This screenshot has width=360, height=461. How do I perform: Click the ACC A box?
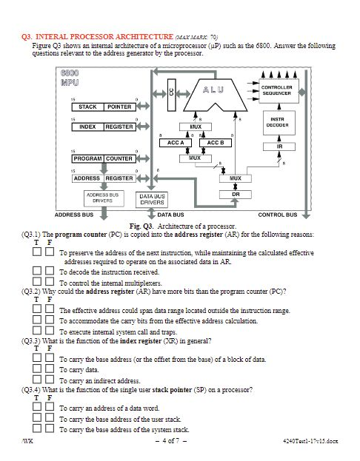coord(175,142)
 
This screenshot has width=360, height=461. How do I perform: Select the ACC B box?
coord(216,142)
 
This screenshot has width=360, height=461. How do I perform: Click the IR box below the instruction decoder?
coord(277,147)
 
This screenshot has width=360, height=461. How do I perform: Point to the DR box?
coord(236,194)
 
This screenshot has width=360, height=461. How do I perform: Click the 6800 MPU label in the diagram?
coord(70,78)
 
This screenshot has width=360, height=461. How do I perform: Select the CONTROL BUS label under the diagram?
coord(277,215)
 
